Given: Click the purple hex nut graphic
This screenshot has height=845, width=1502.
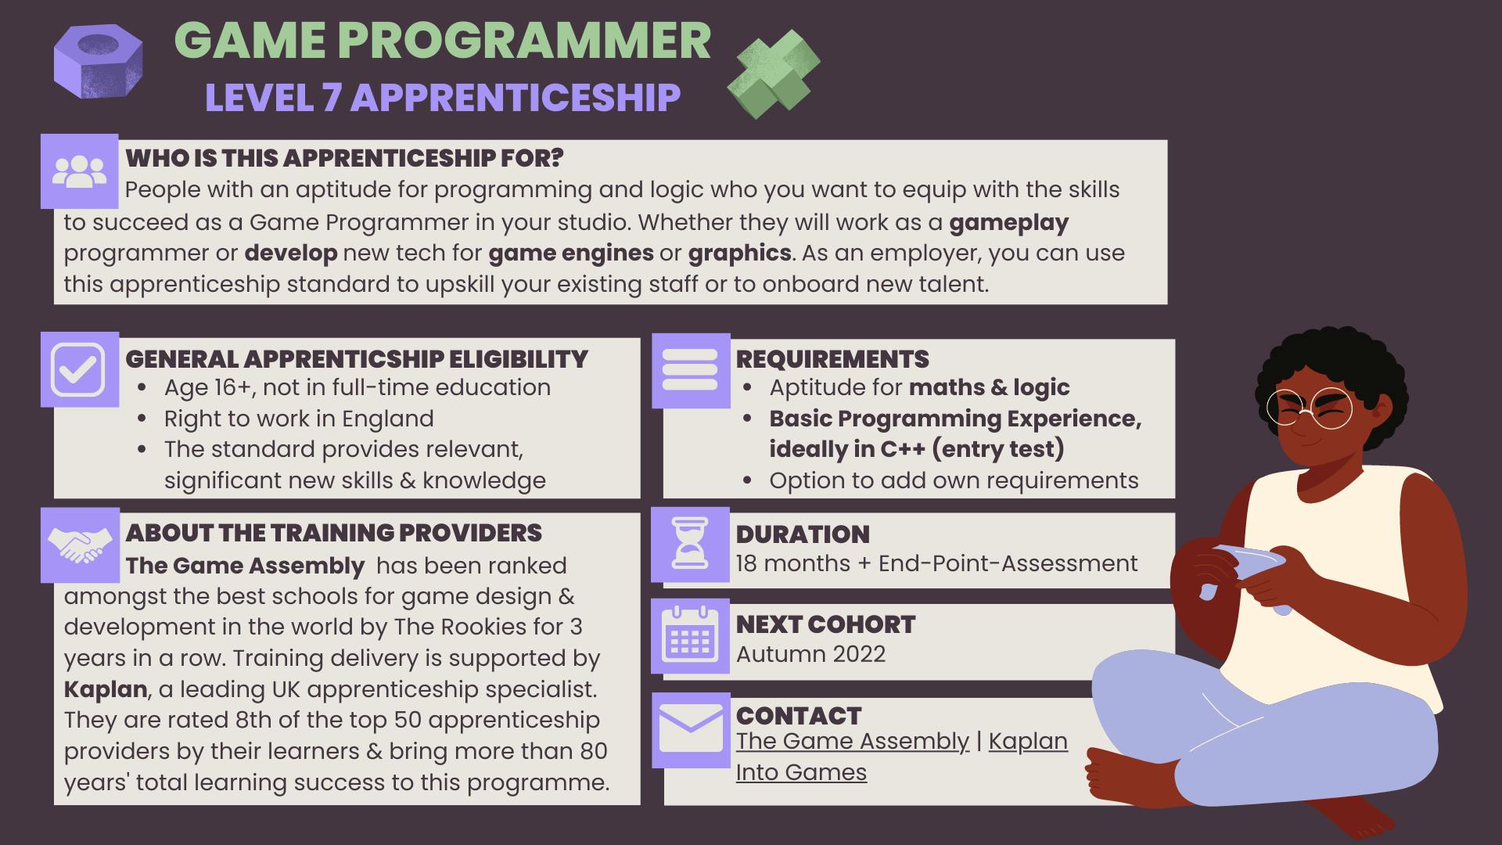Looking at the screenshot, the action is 99,62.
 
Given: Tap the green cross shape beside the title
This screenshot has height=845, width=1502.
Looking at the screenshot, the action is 774,74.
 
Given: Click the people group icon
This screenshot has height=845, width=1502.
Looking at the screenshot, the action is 79,171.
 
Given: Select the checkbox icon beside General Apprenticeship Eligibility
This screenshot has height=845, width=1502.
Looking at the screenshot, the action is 79,369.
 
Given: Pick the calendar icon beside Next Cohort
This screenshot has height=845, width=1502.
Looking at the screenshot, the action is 690,635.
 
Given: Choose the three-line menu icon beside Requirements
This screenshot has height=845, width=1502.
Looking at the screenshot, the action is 690,369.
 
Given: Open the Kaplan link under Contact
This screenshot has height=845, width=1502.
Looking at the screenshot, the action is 1028,741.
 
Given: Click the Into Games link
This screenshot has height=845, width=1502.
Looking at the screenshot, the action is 801,772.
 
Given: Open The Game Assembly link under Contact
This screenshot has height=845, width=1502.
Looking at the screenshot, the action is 852,741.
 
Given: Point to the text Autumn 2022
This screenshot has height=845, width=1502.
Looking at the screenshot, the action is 810,654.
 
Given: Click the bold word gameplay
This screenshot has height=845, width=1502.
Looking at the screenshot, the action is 1008,222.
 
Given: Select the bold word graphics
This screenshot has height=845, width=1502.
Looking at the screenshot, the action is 739,253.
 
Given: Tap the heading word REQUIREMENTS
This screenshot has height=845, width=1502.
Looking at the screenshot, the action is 832,359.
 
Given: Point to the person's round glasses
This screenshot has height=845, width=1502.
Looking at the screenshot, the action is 1309,408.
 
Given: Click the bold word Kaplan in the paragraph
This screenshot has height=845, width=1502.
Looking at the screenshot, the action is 106,689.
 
